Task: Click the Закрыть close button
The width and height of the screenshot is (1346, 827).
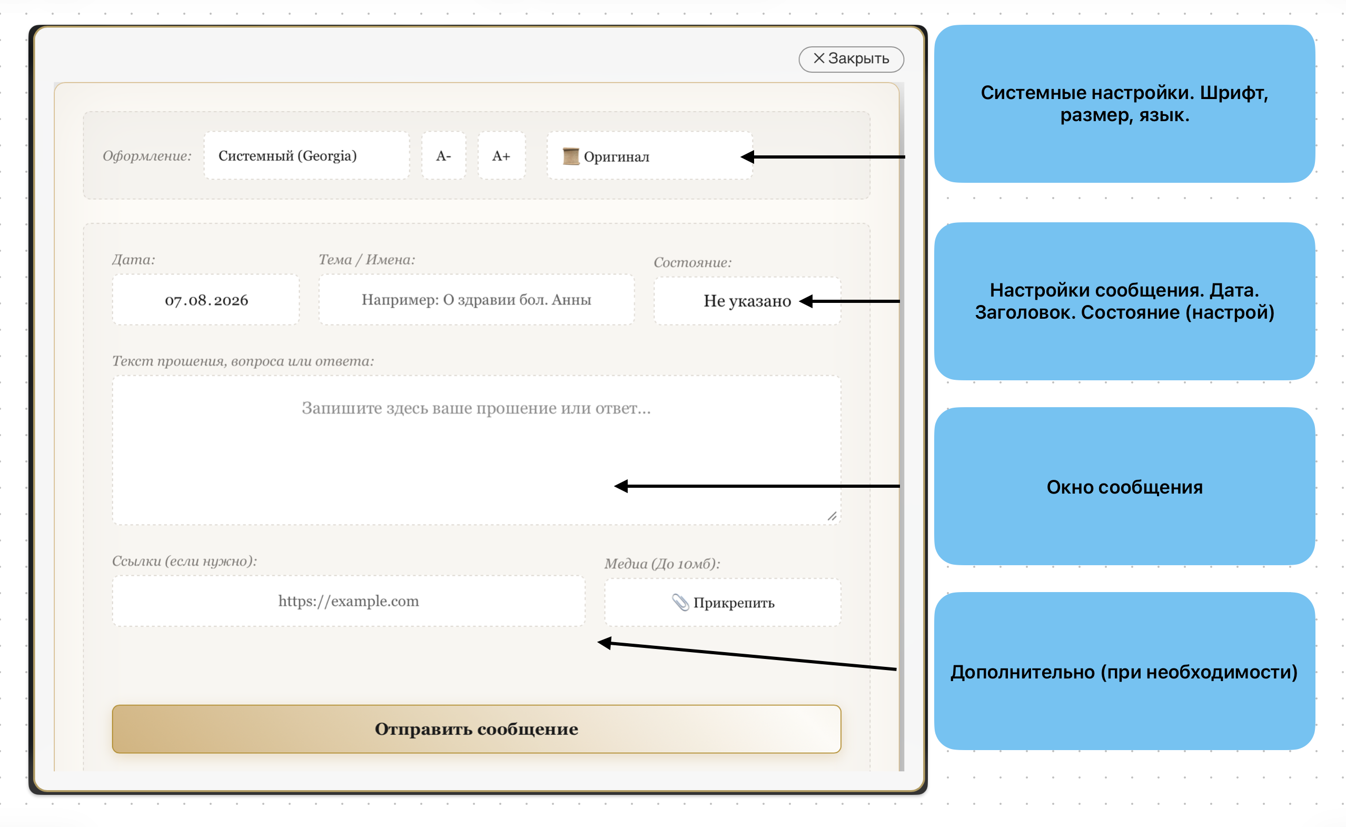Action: [x=850, y=59]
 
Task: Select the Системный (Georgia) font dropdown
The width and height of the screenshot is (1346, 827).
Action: [x=306, y=156]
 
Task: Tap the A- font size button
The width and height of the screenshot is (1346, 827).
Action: [x=443, y=156]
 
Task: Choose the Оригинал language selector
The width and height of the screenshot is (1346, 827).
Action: [x=649, y=156]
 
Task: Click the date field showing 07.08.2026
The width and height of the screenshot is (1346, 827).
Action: [x=206, y=300]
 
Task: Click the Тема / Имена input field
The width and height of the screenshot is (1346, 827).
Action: [x=476, y=300]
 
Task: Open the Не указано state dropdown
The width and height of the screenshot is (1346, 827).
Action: [x=747, y=301]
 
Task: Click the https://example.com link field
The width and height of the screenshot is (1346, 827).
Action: [x=349, y=601]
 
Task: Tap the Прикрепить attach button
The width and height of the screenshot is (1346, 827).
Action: [x=722, y=602]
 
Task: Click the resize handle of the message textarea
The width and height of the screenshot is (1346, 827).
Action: [x=832, y=516]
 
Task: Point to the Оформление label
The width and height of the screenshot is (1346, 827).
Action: [x=147, y=156]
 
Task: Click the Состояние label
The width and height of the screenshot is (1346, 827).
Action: [x=692, y=262]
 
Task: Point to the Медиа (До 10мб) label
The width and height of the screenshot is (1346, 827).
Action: [x=662, y=564]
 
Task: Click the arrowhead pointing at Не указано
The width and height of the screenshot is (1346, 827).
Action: [x=806, y=301]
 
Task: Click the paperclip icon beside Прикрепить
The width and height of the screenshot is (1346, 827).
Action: [x=680, y=602]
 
